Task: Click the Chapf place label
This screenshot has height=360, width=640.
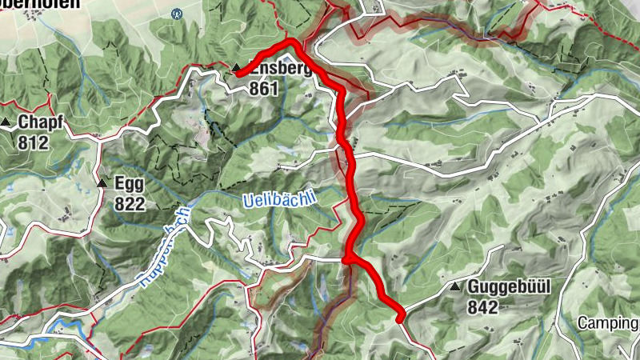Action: click(39, 123)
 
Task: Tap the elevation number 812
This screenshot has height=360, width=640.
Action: click(34, 143)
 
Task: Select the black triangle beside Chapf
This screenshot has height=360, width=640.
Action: click(6, 122)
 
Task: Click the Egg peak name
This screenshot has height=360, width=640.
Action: click(129, 183)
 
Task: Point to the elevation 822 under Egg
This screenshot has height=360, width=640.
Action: click(129, 203)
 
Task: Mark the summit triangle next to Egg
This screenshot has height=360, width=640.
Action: click(102, 183)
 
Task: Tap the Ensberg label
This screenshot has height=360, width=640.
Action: click(279, 69)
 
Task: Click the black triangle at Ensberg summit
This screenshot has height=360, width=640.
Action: click(237, 69)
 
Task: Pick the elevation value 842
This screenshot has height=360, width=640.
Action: click(484, 307)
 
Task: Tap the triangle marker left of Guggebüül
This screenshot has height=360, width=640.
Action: click(455, 286)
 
